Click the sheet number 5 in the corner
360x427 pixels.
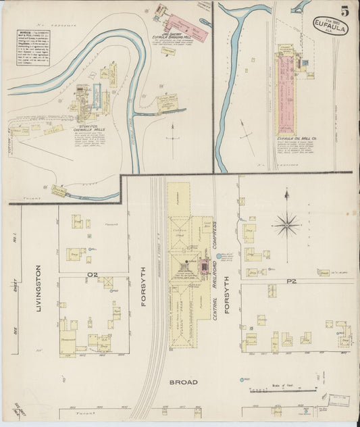(344, 11)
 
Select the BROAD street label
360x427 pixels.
(183, 382)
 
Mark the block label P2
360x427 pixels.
(292, 280)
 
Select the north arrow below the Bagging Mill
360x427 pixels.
(174, 128)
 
